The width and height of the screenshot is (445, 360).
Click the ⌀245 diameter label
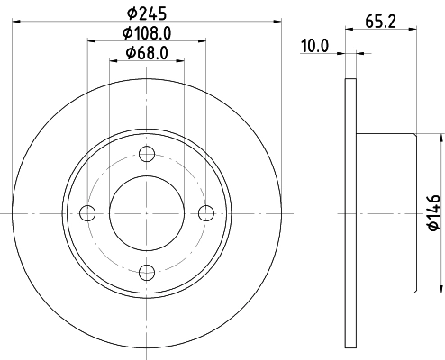pos(147,13)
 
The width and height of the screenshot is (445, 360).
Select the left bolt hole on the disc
pos(87,212)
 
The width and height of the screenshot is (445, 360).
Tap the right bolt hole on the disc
pos(206,212)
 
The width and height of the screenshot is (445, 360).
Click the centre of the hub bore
pos(147,212)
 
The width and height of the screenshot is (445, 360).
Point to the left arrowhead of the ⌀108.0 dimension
pos(90,40)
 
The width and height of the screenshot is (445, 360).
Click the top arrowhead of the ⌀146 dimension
pos(440,137)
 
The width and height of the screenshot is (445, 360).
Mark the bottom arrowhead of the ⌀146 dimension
pos(440,291)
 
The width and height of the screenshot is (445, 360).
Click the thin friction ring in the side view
pos(350,212)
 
